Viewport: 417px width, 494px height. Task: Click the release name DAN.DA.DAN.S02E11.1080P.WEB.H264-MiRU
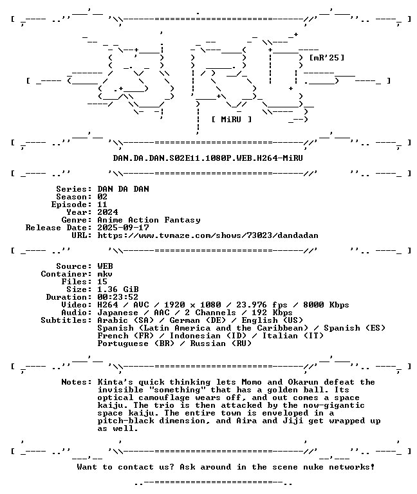pyautogui.click(x=208, y=158)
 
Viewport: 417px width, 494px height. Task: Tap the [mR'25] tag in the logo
pyautogui.click(x=326, y=58)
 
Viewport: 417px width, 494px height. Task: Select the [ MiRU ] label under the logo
pyautogui.click(x=232, y=120)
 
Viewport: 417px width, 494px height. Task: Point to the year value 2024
pyautogui.click(x=107, y=212)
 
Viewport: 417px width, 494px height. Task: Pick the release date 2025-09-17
pyautogui.click(x=124, y=228)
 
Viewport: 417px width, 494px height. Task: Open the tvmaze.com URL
pyautogui.click(x=208, y=235)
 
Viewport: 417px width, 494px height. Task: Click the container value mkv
pyautogui.click(x=105, y=274)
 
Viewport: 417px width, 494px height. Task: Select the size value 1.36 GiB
pyautogui.click(x=118, y=289)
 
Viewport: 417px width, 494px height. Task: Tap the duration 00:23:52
pyautogui.click(x=118, y=297)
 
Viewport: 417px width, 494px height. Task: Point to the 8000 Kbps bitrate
pyautogui.click(x=326, y=305)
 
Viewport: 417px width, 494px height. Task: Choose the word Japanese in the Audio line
pyautogui.click(x=118, y=313)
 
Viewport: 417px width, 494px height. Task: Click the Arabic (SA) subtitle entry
pyautogui.click(x=125, y=320)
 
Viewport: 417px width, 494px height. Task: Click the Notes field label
pyautogui.click(x=77, y=382)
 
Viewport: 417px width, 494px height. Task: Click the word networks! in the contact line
pyautogui.click(x=352, y=467)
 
